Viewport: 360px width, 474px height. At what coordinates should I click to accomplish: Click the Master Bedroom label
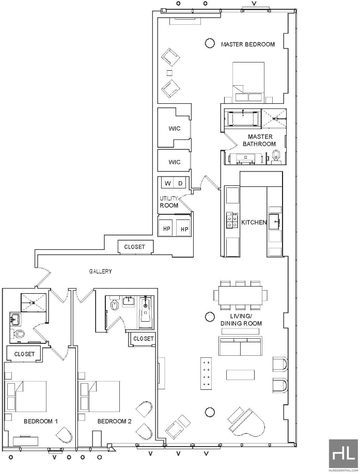click(248, 44)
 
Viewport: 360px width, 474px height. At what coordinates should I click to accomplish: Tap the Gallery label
click(100, 272)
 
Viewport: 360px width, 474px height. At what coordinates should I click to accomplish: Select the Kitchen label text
click(254, 222)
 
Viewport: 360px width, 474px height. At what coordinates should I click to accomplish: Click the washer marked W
click(168, 183)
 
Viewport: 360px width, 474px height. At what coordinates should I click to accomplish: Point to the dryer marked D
click(180, 183)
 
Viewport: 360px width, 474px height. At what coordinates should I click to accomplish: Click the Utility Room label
click(169, 202)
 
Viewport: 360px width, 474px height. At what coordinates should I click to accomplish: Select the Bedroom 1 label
click(41, 421)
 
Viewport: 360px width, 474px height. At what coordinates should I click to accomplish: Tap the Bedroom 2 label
click(115, 421)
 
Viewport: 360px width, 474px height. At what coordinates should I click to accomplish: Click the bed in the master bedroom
click(248, 82)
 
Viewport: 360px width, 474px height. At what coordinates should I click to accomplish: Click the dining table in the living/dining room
click(241, 295)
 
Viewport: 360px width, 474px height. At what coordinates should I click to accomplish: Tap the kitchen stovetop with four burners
click(232, 220)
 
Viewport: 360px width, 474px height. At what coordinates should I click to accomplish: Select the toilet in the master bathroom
click(276, 157)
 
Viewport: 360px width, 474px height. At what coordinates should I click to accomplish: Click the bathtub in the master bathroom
click(244, 118)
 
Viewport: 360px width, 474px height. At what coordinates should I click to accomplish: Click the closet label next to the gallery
click(134, 247)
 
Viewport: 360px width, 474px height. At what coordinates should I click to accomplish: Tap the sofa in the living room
click(241, 346)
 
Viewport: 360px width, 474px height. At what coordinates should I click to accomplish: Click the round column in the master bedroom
click(210, 43)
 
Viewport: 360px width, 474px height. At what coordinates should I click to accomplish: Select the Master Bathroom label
click(259, 140)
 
